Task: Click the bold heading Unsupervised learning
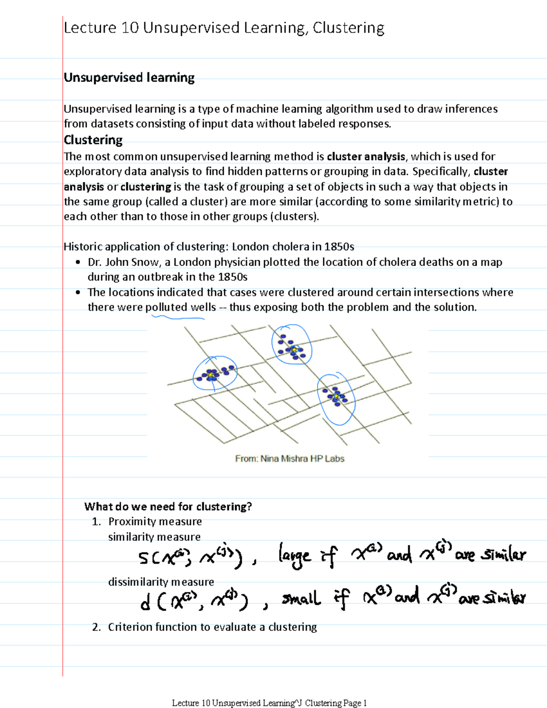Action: click(x=129, y=78)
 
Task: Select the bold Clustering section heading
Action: click(x=93, y=140)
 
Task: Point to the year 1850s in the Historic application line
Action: click(x=339, y=247)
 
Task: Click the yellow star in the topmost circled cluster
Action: click(x=294, y=349)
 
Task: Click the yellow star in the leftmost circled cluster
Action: click(x=211, y=374)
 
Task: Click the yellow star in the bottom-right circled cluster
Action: click(x=336, y=396)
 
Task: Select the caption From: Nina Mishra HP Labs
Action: click(x=289, y=459)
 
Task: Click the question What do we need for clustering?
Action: click(x=168, y=506)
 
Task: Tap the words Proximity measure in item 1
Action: click(x=155, y=522)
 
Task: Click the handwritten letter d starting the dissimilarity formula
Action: click(x=145, y=603)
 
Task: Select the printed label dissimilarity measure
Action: click(x=161, y=582)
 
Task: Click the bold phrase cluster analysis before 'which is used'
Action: click(x=366, y=157)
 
